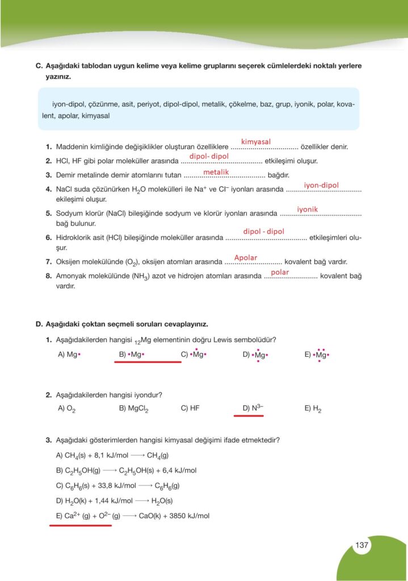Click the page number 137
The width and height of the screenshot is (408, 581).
(x=362, y=545)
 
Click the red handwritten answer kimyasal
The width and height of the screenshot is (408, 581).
(x=256, y=141)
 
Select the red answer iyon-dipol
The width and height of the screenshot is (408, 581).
(x=321, y=185)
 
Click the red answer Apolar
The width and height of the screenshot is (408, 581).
(x=246, y=258)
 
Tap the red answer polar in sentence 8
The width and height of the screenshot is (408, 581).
(x=280, y=272)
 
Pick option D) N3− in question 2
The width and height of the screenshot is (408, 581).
(x=253, y=408)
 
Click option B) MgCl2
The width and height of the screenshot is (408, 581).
(x=134, y=408)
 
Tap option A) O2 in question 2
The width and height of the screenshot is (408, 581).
(x=67, y=408)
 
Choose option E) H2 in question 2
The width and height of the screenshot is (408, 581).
(x=313, y=408)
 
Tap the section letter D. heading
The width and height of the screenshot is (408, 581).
(x=39, y=324)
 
